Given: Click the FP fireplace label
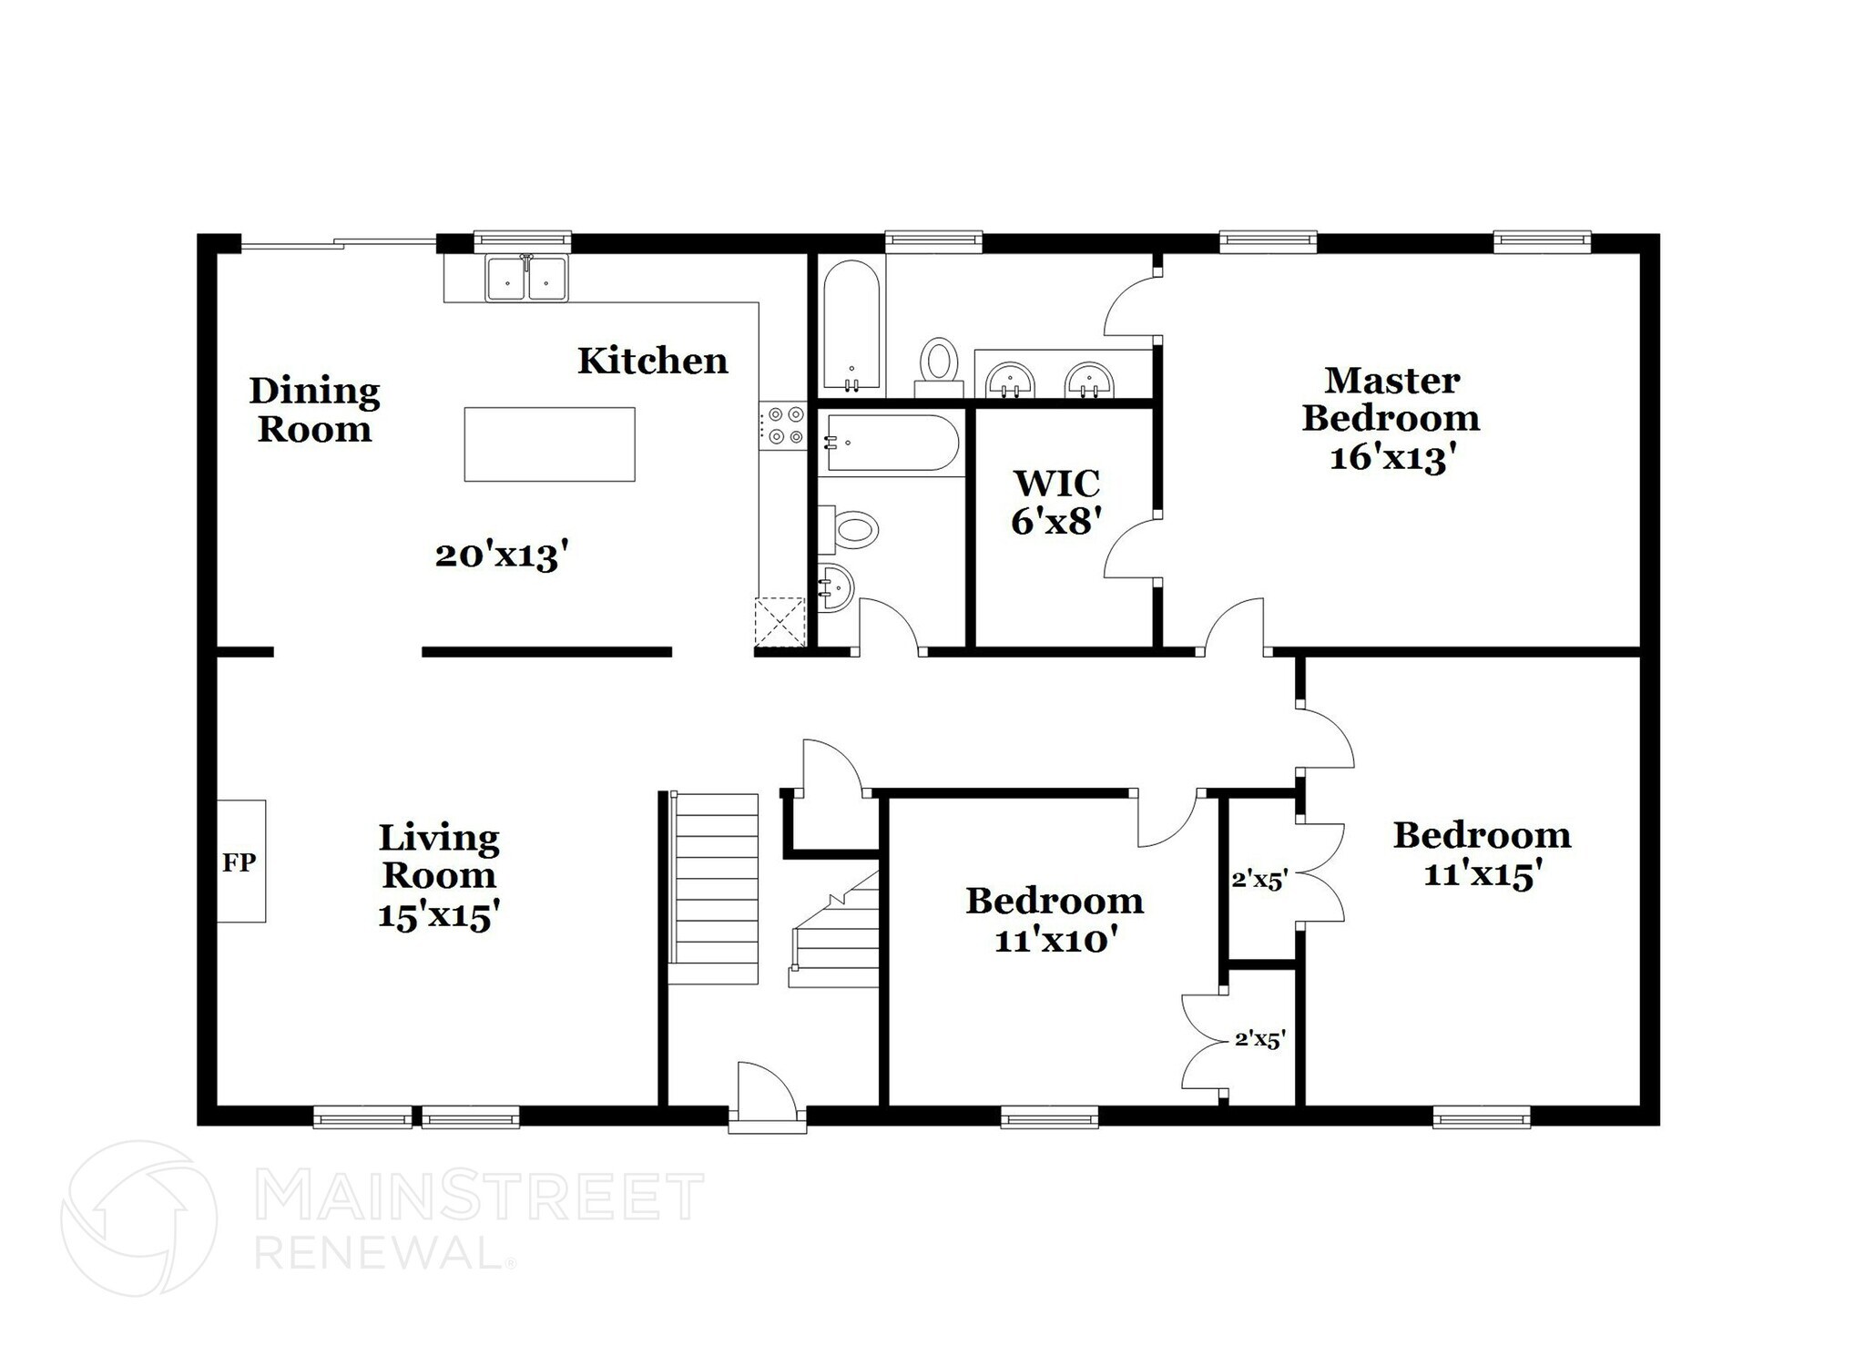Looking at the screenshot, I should click(x=239, y=862).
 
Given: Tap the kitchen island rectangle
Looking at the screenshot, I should click(x=549, y=444).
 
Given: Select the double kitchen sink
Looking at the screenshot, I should click(x=526, y=278).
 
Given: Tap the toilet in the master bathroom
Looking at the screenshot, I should click(x=939, y=363).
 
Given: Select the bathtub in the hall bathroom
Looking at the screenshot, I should click(x=891, y=444).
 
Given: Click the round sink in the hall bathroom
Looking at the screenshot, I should click(x=834, y=586).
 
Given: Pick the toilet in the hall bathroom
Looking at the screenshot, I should click(x=854, y=529).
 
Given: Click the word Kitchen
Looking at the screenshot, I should click(x=652, y=362).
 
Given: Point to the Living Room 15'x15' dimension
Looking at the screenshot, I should click(x=439, y=914).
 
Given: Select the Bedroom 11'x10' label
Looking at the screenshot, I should click(x=1055, y=920).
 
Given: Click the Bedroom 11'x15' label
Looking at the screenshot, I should click(x=1482, y=854).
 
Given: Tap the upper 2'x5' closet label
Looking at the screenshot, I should click(x=1259, y=880).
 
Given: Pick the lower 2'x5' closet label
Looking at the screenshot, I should click(x=1259, y=1039).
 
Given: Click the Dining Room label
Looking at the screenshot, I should click(x=314, y=410).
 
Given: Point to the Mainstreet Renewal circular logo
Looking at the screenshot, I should click(x=138, y=1218).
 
